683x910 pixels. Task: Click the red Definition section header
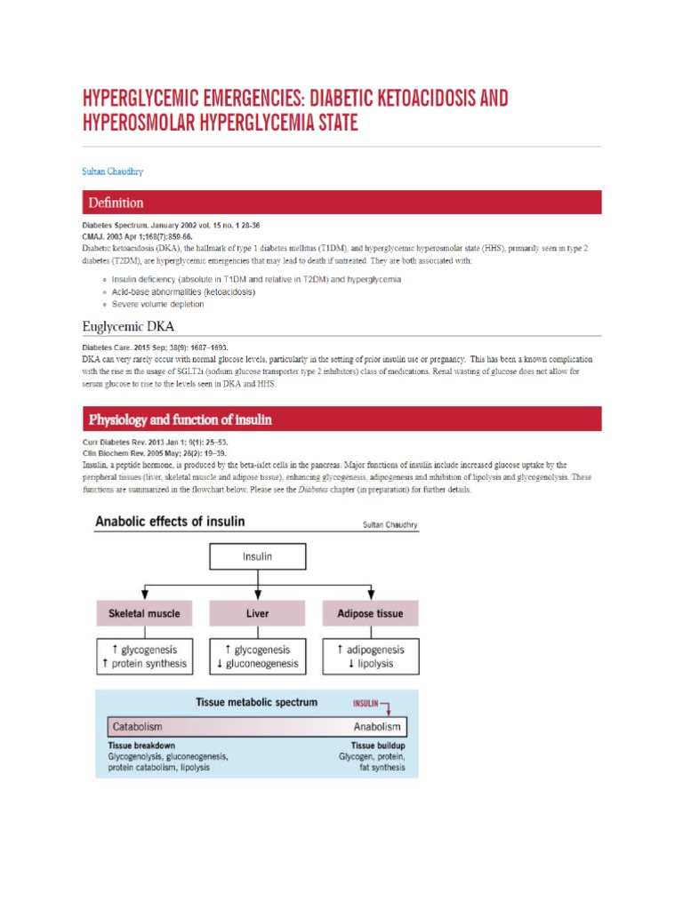[x=341, y=203]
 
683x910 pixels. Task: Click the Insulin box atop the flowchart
[x=257, y=557]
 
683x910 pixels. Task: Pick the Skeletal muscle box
[x=144, y=613]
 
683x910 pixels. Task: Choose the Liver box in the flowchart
[x=257, y=613]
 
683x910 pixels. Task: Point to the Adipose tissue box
[x=369, y=613]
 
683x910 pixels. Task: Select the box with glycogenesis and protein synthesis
[x=144, y=657]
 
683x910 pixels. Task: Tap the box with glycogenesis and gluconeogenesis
[x=257, y=657]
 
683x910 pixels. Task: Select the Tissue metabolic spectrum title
[x=257, y=702]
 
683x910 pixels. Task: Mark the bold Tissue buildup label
[x=378, y=746]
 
